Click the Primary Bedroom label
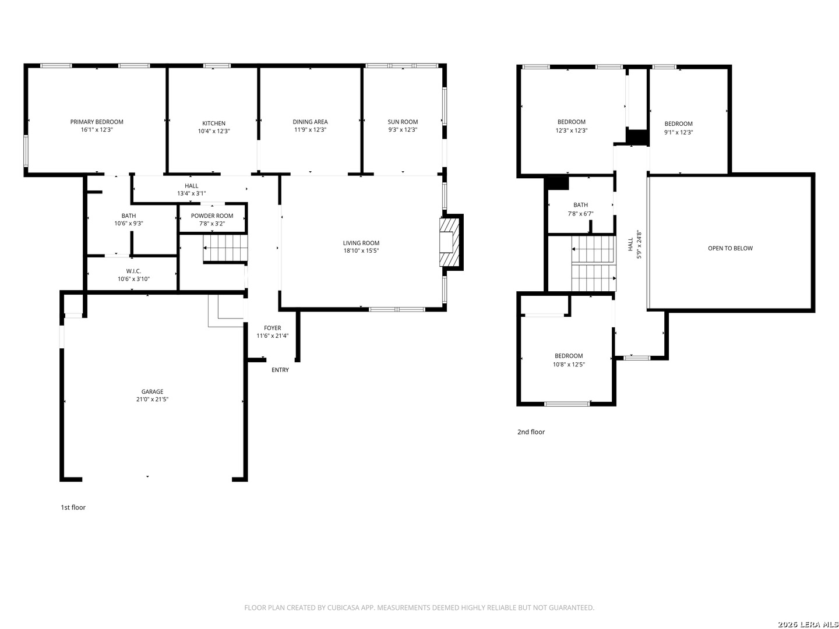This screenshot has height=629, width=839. pos(97,122)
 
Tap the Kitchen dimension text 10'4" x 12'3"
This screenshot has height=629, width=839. pos(214,131)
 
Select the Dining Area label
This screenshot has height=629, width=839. pos(310,122)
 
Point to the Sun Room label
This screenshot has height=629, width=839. pos(403,122)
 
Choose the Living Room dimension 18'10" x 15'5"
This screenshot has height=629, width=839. pos(361,251)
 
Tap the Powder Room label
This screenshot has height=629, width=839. pos(212,215)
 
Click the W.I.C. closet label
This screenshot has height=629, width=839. pos(133,271)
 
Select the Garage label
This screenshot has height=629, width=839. pos(152,391)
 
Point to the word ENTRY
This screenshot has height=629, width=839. pos(280,370)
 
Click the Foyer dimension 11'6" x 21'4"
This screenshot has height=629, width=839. pos(272,336)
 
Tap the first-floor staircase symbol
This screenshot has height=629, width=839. pos(225,248)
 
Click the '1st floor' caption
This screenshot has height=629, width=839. pos(73,507)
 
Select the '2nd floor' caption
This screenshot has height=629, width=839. pos(531,432)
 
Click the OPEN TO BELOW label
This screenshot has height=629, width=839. pos(730,248)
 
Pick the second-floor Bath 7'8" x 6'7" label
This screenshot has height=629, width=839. pos(580,205)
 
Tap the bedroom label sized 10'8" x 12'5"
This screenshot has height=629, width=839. pos(569,356)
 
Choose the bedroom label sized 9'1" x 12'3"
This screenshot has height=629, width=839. pos(679,123)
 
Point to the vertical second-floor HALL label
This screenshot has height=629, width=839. pos(630,245)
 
